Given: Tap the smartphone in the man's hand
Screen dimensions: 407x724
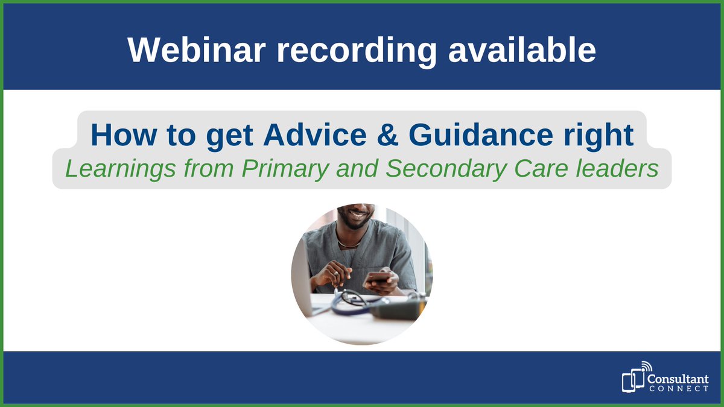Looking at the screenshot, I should (x=378, y=277).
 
